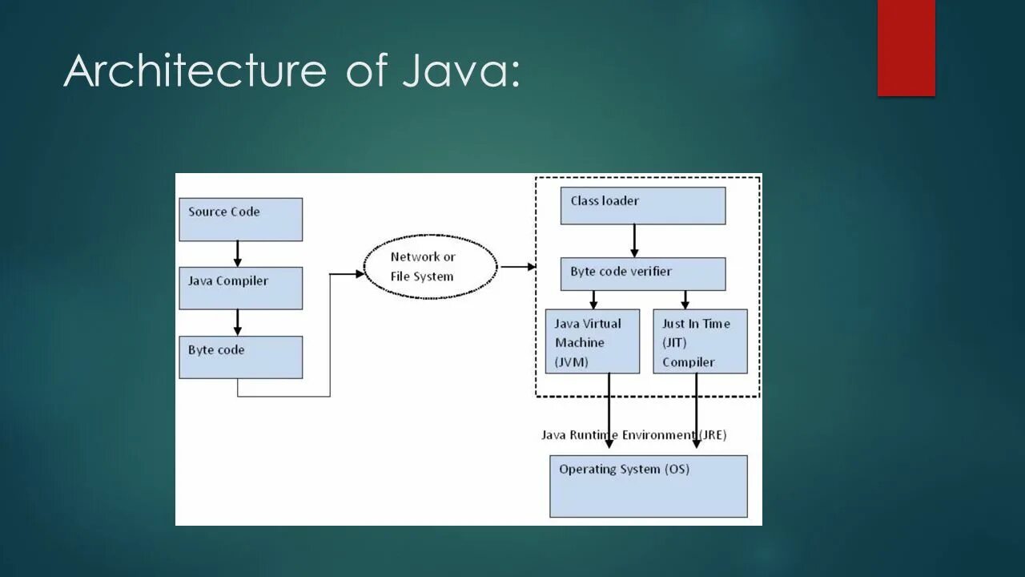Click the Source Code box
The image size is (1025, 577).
click(240, 219)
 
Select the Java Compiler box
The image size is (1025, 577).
click(240, 288)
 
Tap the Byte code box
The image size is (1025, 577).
click(240, 357)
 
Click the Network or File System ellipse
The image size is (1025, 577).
click(431, 267)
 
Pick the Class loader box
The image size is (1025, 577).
click(642, 205)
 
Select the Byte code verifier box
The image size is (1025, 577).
click(642, 273)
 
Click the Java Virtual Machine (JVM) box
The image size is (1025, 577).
click(592, 341)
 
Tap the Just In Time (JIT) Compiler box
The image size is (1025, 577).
click(700, 341)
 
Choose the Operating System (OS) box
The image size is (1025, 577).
click(648, 486)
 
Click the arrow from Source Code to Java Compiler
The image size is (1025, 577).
click(237, 253)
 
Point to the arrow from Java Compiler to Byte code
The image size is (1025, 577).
click(237, 322)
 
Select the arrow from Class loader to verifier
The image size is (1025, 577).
click(634, 240)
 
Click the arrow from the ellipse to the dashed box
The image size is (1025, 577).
click(519, 267)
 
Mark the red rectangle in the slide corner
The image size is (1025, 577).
click(906, 47)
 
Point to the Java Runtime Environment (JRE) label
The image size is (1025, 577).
click(633, 435)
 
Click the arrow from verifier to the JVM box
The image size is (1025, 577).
click(593, 300)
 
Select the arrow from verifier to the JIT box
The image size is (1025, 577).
click(685, 300)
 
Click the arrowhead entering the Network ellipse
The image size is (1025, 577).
click(358, 273)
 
